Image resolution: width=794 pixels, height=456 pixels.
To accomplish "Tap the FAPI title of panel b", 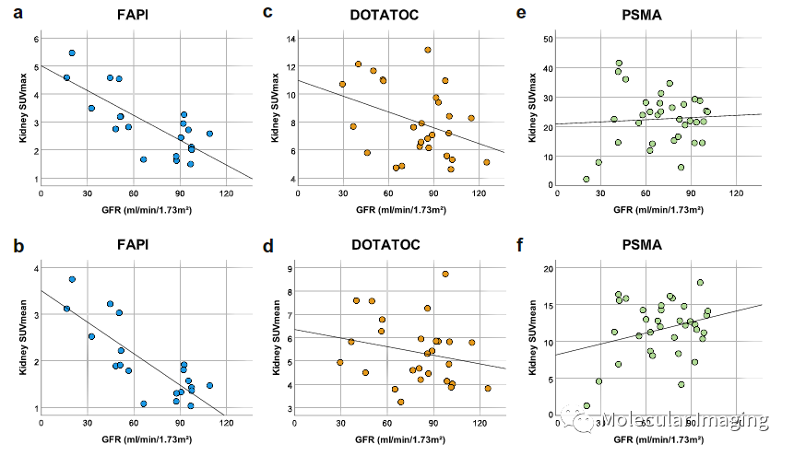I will pyautogui.click(x=134, y=245).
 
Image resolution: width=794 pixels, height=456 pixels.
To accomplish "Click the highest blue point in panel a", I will pyautogui.click(x=72, y=53).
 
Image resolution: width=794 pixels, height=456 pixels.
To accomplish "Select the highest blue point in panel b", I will pyautogui.click(x=72, y=279).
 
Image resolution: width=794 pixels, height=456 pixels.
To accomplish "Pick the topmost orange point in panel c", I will pyautogui.click(x=428, y=50).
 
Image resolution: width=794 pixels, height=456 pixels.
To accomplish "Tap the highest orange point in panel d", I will pyautogui.click(x=445, y=274).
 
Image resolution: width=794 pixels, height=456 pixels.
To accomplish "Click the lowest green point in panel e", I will pyautogui.click(x=586, y=179).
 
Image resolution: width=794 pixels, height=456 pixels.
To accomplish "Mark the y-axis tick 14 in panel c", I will pyautogui.click(x=290, y=39).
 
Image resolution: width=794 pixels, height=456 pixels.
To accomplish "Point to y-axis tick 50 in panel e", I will pyautogui.click(x=548, y=39).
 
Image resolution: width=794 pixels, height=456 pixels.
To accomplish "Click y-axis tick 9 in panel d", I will pyautogui.click(x=290, y=269).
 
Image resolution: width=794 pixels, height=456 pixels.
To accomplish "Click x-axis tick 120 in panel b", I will pyautogui.click(x=227, y=425).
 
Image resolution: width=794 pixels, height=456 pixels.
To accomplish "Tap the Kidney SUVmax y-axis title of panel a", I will pyautogui.click(x=16, y=111).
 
